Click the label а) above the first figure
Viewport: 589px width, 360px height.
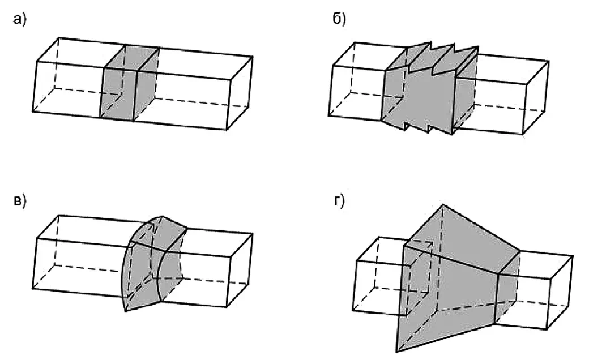pos(21,20)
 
